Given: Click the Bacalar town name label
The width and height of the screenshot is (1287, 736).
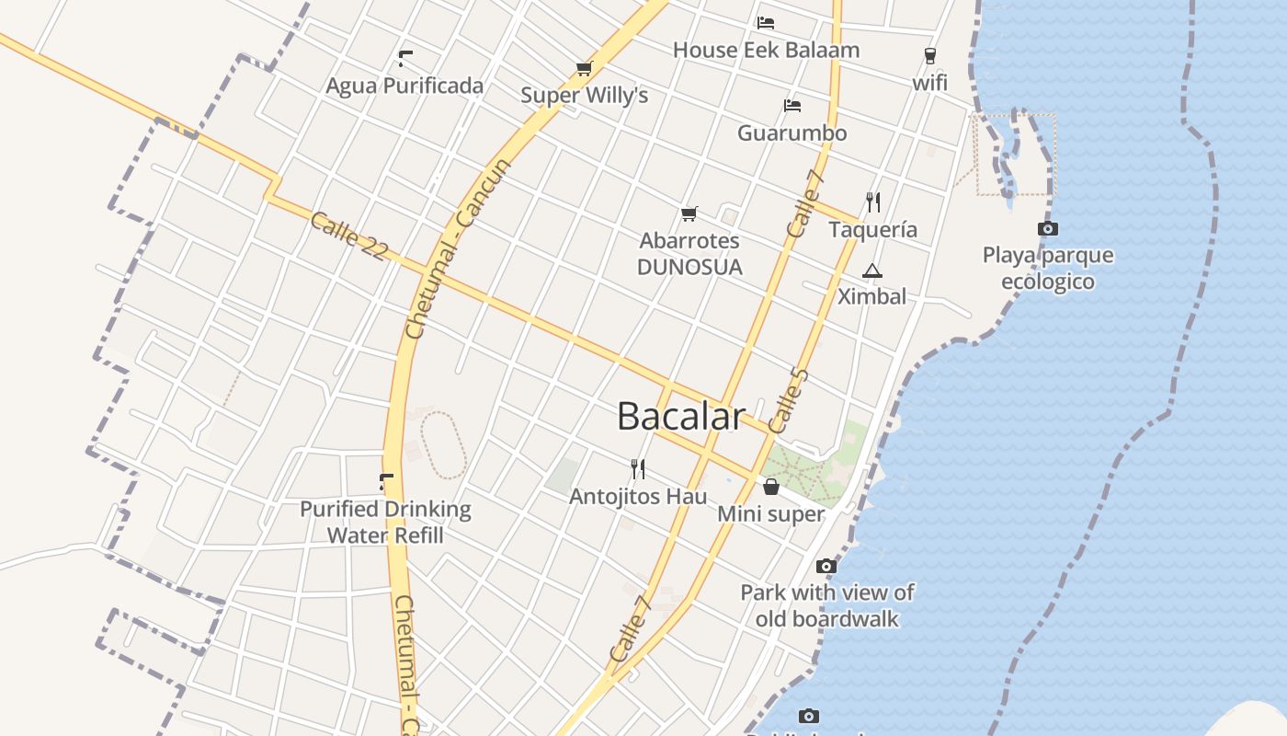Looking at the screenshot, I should (679, 417).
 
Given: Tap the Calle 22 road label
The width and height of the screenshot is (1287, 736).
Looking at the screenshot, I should (348, 236).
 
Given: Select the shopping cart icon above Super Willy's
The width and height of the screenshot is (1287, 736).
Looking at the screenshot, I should (584, 68).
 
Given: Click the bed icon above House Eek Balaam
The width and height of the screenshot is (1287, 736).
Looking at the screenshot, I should (766, 23).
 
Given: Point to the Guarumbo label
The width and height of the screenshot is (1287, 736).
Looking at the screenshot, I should (792, 133).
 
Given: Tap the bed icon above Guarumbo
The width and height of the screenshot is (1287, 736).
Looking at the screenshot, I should (792, 106).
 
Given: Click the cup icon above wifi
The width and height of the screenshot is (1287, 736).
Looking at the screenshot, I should (929, 56).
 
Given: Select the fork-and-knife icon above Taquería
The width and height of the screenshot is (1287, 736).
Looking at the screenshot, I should (873, 202).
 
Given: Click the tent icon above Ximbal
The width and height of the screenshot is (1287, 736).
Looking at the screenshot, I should (871, 270).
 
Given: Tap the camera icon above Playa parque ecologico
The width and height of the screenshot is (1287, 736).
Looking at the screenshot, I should (1047, 228).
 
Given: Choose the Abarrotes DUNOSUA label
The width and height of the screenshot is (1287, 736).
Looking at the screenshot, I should (689, 254).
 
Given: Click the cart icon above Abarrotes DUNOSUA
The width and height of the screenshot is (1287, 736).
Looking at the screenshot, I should (689, 214).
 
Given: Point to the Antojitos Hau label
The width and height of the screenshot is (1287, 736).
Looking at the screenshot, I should (638, 497).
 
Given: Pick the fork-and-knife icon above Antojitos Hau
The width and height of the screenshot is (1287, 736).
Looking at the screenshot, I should (638, 469).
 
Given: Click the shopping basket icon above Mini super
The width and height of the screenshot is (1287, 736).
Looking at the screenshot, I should (771, 487).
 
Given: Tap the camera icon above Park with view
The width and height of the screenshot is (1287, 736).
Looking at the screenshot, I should (826, 566).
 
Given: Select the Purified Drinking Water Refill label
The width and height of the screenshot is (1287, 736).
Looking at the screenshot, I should (385, 522).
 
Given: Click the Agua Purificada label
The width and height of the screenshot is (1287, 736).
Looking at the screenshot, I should (404, 86).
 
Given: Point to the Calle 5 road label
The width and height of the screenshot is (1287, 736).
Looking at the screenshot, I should (788, 401).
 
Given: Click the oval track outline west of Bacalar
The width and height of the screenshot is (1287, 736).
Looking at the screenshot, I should (444, 446).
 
